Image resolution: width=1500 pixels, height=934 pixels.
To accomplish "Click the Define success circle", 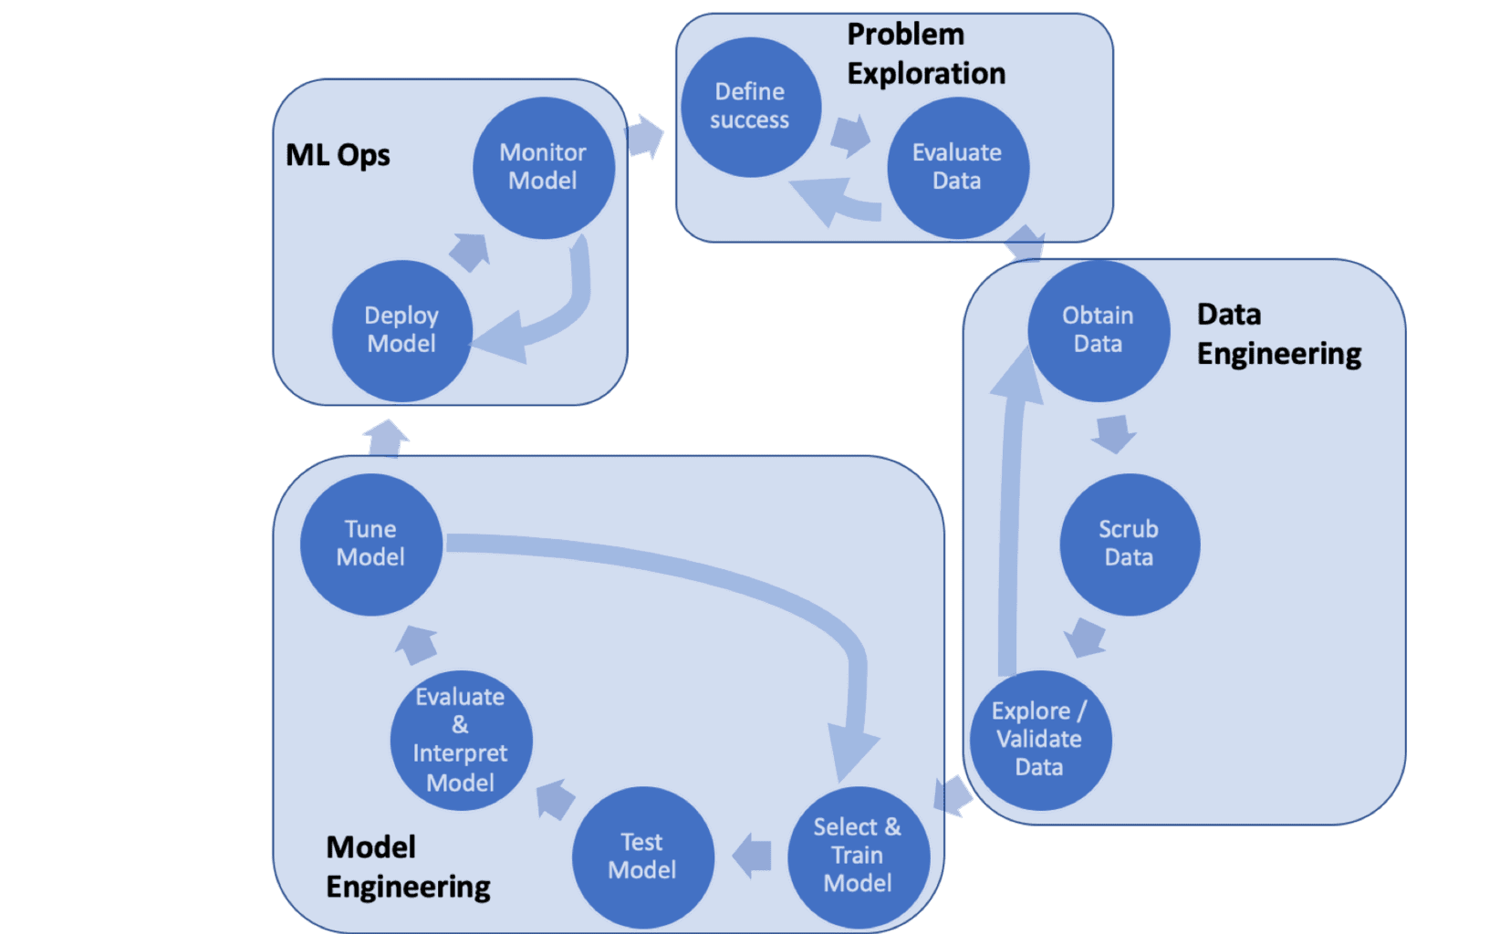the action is [751, 107].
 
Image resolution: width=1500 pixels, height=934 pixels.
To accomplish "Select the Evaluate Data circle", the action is [958, 168].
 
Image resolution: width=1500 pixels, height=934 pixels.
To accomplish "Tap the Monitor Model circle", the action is [543, 168].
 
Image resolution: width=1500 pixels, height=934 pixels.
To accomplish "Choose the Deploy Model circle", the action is [402, 331].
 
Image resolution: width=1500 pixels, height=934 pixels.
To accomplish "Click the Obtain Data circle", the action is [1099, 331].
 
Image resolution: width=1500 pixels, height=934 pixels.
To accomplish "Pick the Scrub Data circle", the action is [1130, 545].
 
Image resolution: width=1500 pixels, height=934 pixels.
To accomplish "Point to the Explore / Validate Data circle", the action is [1041, 740].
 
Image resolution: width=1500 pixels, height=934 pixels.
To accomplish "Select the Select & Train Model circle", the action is [859, 857].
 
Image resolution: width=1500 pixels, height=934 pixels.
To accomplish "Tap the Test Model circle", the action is [643, 857].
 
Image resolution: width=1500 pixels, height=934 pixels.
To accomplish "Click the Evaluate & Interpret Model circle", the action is [462, 740].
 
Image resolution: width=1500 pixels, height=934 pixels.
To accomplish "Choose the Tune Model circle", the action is [371, 545].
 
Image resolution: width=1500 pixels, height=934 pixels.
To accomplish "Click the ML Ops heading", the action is [338, 155].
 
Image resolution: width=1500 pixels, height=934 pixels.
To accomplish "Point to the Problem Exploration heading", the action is [926, 54].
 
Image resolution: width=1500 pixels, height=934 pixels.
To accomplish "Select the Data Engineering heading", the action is [1279, 334].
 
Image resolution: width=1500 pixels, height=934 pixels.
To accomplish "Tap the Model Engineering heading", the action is [408, 867].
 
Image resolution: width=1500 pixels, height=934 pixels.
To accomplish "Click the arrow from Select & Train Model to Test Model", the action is [751, 855].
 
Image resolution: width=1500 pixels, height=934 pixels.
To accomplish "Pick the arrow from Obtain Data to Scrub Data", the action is [1114, 434].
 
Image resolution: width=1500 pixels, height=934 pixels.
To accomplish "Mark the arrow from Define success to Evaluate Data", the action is [850, 136].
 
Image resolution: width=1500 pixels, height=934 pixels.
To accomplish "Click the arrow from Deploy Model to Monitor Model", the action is [469, 252].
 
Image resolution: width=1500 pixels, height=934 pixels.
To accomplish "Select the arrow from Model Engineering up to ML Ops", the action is [386, 440].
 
